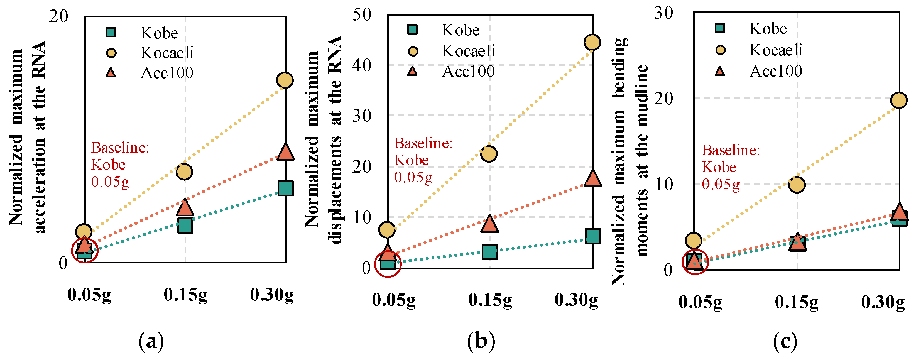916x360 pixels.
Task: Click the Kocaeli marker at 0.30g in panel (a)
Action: point(285,80)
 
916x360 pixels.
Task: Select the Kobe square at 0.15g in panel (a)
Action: point(185,225)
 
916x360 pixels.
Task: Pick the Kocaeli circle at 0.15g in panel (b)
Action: point(489,154)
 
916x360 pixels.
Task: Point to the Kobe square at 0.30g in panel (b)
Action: point(593,236)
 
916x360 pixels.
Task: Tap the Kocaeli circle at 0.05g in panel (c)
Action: point(693,241)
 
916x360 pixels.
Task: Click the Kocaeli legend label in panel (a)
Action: point(167,53)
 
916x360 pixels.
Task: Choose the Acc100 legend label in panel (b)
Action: point(468,72)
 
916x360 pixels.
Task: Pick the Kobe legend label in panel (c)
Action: point(768,28)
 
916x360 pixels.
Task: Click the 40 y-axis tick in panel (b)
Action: point(362,65)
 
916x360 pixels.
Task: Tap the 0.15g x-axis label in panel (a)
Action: point(185,295)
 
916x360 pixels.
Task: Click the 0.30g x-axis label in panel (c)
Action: point(883,302)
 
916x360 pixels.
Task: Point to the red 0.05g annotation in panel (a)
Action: point(110,182)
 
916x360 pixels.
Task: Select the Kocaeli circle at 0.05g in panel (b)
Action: point(387,230)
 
